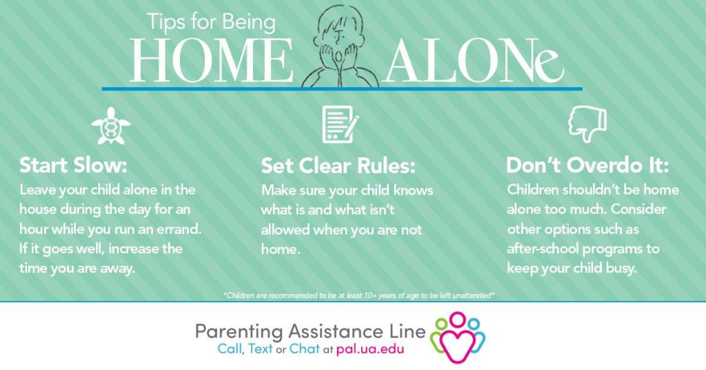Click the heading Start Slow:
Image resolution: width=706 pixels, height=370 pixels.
click(x=72, y=166)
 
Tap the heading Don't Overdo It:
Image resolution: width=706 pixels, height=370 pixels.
click(x=587, y=166)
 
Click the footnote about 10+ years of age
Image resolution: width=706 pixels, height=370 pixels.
click(x=359, y=295)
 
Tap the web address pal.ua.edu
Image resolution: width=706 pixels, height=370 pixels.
click(x=370, y=349)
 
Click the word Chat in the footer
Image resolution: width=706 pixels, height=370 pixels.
click(x=304, y=349)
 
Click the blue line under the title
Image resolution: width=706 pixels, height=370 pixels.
click(x=342, y=89)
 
